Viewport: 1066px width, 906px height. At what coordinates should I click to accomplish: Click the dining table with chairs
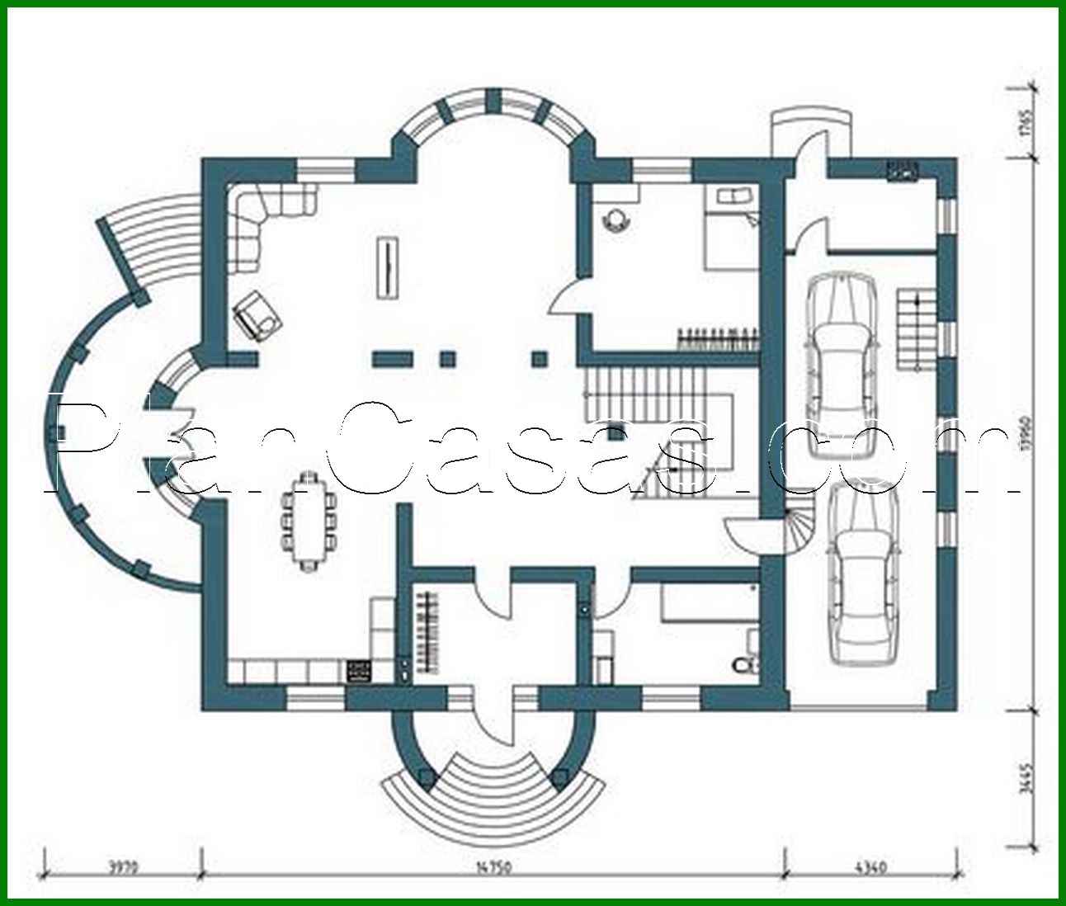pos(309,521)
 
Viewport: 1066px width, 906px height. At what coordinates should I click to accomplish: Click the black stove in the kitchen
pos(359,670)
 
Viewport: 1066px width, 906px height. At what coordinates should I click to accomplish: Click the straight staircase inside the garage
pos(914,328)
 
